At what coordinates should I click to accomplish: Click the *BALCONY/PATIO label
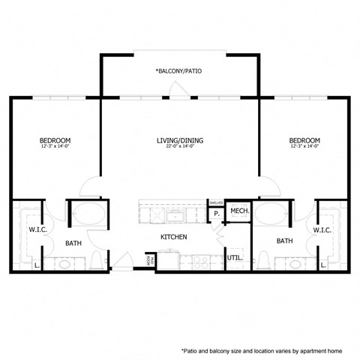tap(178, 71)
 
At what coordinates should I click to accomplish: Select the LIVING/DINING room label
tap(180, 140)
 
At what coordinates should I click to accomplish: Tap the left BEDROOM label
tap(55, 140)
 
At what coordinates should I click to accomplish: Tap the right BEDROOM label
tap(304, 140)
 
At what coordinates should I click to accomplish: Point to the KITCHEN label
tap(173, 237)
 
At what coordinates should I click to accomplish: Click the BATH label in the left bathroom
tap(73, 242)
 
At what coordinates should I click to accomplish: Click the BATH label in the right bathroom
tap(284, 241)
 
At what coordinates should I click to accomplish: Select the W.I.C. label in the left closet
tap(37, 229)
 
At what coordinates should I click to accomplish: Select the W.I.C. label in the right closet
tap(322, 229)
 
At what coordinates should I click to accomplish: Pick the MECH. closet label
tap(239, 212)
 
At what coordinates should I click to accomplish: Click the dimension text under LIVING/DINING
tap(180, 147)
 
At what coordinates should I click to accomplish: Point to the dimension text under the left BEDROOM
tap(55, 147)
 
